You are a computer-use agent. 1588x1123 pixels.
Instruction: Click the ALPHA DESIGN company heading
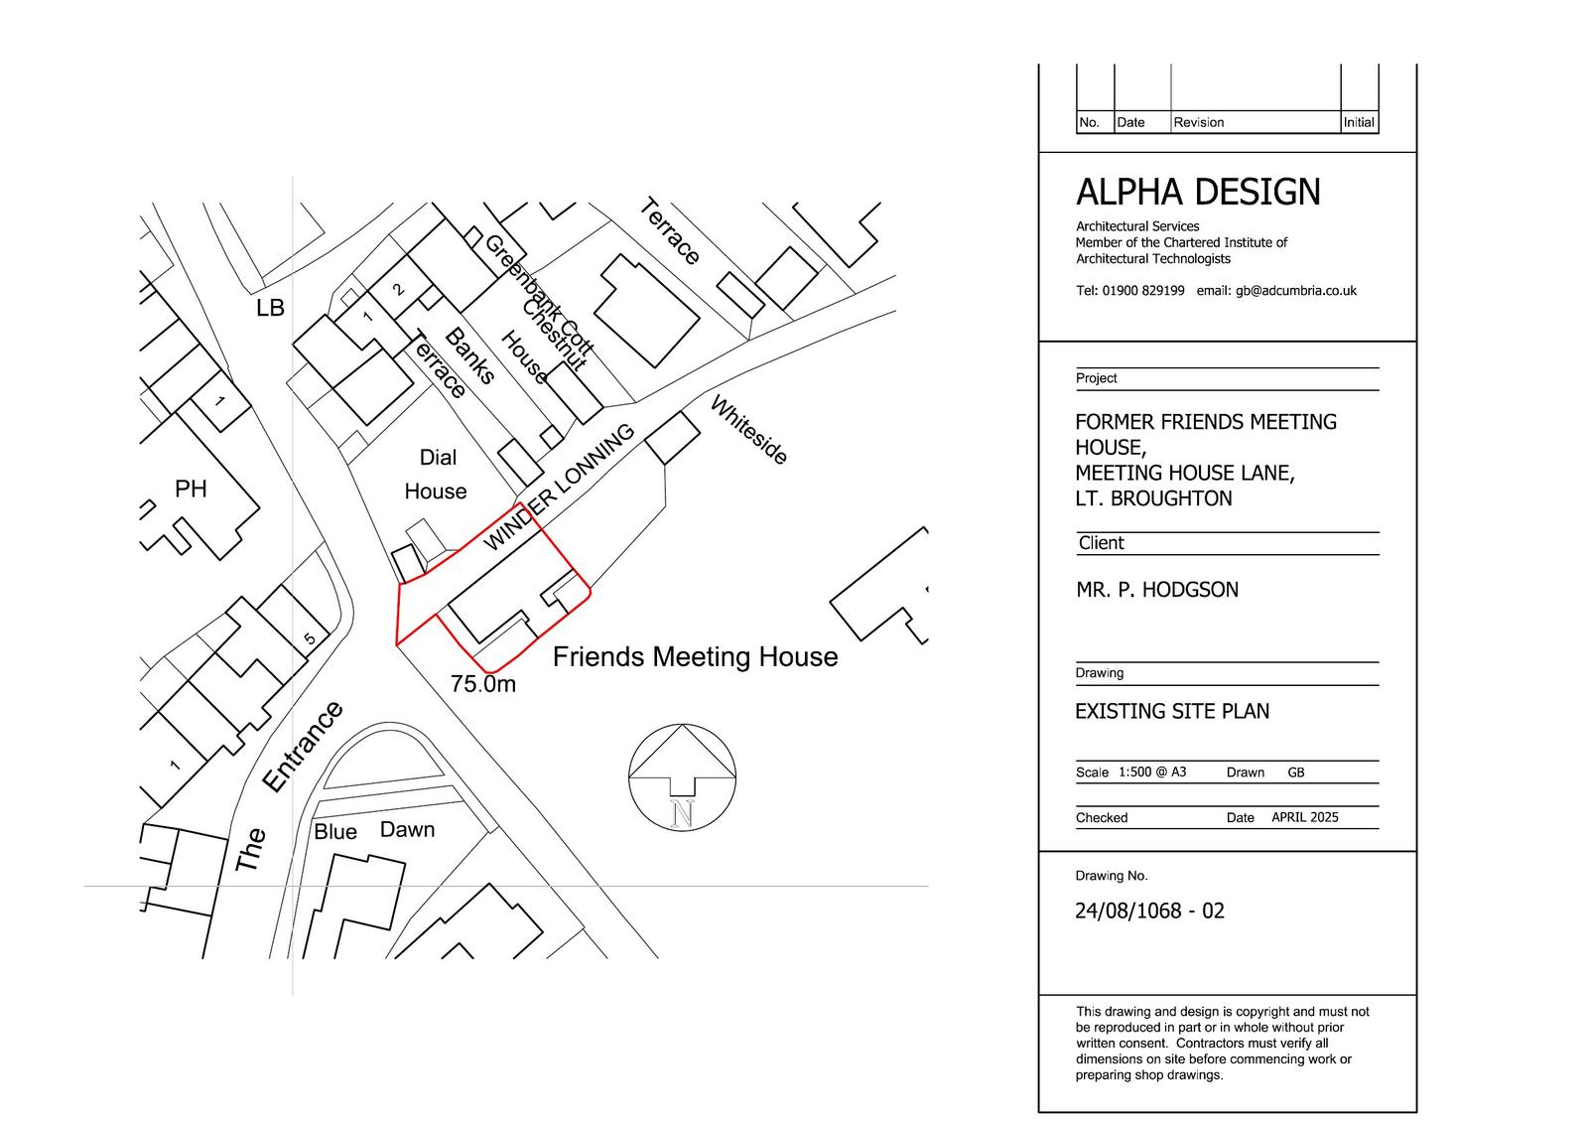coord(1198,193)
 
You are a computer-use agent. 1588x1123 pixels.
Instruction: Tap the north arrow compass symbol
coord(682,776)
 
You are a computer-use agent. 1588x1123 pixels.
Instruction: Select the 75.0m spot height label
coord(482,684)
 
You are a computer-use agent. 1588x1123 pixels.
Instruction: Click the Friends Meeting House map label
coord(695,657)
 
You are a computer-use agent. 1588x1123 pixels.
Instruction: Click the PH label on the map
coord(191,489)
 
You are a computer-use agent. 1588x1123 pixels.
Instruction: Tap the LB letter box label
coord(270,308)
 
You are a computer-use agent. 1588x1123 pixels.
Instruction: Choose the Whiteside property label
coord(748,430)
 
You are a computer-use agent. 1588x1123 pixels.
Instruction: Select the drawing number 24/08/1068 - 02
coord(1149,911)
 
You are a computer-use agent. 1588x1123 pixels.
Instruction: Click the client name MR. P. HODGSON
coord(1157,590)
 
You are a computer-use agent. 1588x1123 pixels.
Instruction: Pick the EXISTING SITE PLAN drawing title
coord(1172,711)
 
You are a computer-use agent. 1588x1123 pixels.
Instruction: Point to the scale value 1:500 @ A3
coord(1152,772)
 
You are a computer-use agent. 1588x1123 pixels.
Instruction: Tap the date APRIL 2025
coord(1304,817)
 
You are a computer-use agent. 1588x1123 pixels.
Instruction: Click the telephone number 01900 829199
coord(1142,290)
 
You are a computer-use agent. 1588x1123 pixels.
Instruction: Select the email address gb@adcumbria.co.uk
coord(1296,291)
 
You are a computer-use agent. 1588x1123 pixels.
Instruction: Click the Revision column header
coord(1198,122)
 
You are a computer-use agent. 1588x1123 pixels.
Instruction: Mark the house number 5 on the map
coord(310,638)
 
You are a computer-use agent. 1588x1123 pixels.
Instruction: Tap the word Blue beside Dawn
coord(335,831)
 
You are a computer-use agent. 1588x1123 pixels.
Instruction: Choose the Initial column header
coord(1359,122)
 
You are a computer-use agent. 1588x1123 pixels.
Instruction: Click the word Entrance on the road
coord(303,747)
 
